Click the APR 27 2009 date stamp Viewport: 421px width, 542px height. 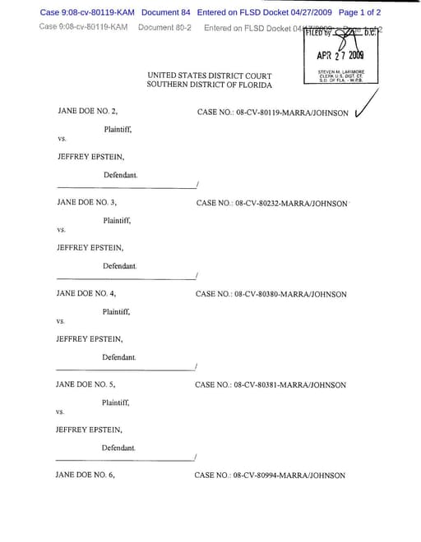coord(340,56)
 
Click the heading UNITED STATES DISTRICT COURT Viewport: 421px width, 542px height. coord(210,76)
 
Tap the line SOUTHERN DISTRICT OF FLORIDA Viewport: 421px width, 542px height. coord(209,85)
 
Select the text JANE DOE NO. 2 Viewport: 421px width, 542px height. coord(87,110)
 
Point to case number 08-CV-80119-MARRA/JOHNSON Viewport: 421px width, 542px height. coord(272,112)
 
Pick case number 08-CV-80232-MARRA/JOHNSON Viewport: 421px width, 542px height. coord(271,203)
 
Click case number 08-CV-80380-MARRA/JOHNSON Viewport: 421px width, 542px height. coord(271,294)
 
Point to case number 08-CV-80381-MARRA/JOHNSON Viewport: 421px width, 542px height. coord(271,384)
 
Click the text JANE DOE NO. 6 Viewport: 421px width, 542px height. coord(85,475)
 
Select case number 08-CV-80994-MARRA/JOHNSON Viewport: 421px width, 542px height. coord(270,475)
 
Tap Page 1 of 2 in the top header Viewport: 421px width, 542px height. coord(359,12)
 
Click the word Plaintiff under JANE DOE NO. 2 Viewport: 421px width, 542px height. coord(118,130)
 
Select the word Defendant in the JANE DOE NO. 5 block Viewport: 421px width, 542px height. coord(118,448)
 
